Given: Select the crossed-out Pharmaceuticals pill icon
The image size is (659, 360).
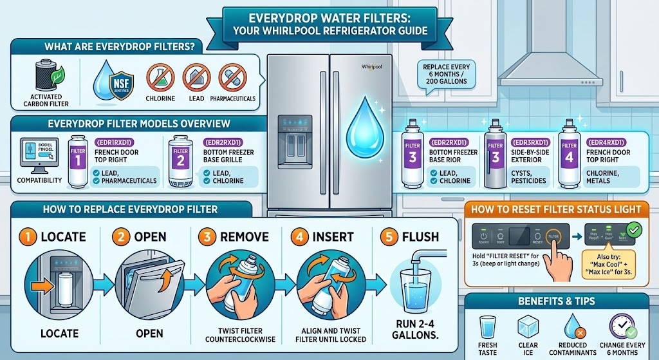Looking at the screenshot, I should (232, 78).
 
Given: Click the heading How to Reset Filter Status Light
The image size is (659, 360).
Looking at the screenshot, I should (556, 209).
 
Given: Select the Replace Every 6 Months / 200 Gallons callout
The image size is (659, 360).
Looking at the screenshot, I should (446, 77).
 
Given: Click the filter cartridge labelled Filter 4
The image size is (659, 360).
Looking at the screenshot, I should (568, 155).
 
